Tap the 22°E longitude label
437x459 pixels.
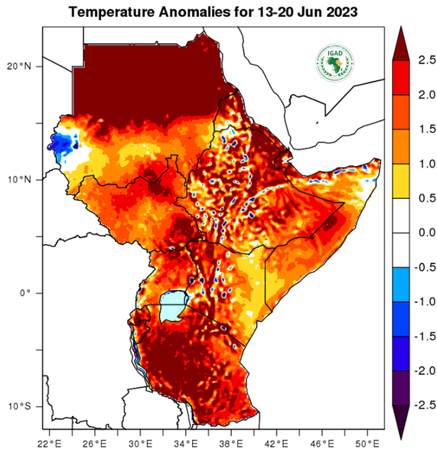coord(51,443)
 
